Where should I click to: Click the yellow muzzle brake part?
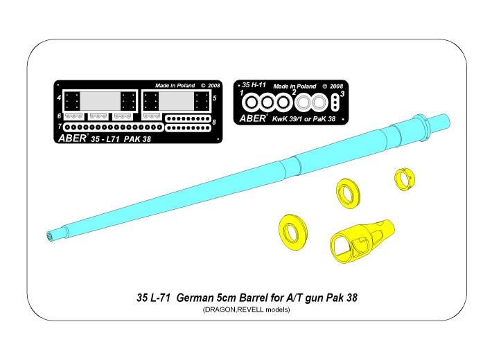[x=361, y=238]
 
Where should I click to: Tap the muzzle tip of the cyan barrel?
[x=49, y=236]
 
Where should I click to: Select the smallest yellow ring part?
[x=404, y=179]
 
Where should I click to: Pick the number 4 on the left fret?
[x=59, y=98]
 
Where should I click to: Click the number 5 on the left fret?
[x=215, y=98]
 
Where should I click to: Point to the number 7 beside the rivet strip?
[x=60, y=127]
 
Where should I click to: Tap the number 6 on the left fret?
[x=59, y=116]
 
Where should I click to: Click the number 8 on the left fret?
[x=214, y=122]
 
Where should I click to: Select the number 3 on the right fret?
[x=342, y=93]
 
